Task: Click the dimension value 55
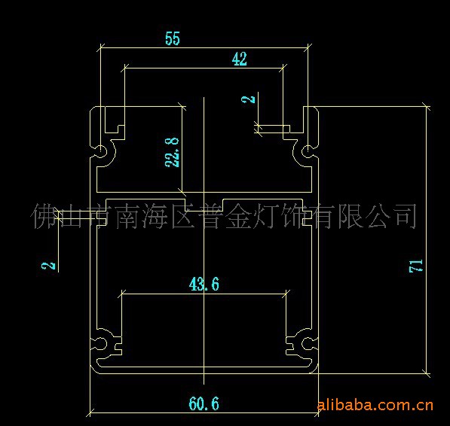(x=173, y=38)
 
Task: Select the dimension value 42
(x=240, y=59)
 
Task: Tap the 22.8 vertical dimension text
(x=172, y=152)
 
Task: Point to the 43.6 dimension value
(x=204, y=285)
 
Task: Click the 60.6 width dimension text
(x=204, y=403)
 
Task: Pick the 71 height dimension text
(x=415, y=266)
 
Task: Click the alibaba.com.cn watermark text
(x=375, y=406)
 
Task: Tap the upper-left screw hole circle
(x=100, y=151)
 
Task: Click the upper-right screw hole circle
(x=307, y=151)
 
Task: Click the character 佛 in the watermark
(x=43, y=216)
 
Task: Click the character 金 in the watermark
(x=238, y=216)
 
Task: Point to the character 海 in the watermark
(x=155, y=216)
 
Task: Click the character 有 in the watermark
(x=322, y=216)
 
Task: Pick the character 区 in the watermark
(x=182, y=216)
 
